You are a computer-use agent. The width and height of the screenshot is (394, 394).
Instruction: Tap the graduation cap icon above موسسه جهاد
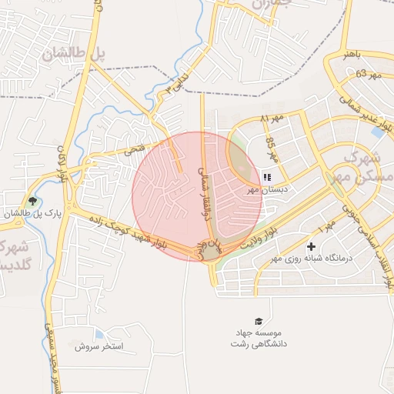coord(259,320)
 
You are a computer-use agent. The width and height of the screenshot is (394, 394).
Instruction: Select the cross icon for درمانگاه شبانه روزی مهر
coord(311,247)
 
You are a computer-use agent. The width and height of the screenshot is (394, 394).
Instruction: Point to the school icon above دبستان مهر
coord(267,177)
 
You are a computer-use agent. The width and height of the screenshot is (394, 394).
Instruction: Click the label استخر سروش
coord(99,346)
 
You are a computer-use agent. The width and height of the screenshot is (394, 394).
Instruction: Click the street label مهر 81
coord(272,119)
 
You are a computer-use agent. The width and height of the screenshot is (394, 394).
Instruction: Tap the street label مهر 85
coord(270,144)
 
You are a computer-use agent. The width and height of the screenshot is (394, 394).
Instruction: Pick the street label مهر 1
coord(326,227)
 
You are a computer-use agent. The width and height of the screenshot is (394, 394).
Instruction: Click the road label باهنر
coord(352,55)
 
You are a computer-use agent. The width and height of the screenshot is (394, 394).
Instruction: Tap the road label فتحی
coord(135,148)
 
